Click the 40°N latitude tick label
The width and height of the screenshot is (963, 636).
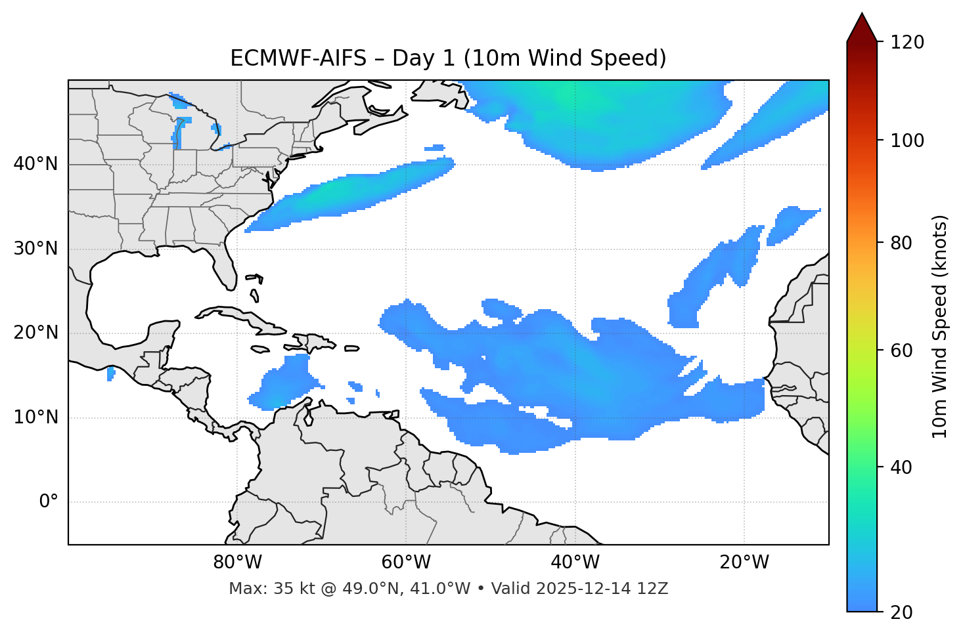(35, 164)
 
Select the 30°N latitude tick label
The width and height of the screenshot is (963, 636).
(35, 249)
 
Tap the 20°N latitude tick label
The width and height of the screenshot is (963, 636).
(35, 333)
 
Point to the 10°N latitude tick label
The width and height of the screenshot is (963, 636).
(35, 417)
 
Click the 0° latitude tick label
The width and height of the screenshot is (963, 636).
(49, 502)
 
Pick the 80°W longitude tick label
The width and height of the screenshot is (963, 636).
(237, 562)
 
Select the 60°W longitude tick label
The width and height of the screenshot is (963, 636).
(406, 562)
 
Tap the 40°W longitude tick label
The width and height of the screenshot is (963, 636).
(575, 562)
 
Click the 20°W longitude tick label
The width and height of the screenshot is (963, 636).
(744, 562)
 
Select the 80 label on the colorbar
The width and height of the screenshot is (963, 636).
(904, 243)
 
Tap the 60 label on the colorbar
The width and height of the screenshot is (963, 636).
(904, 350)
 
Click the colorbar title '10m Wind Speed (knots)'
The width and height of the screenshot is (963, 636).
(940, 326)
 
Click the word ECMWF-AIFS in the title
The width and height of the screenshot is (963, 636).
(298, 58)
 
